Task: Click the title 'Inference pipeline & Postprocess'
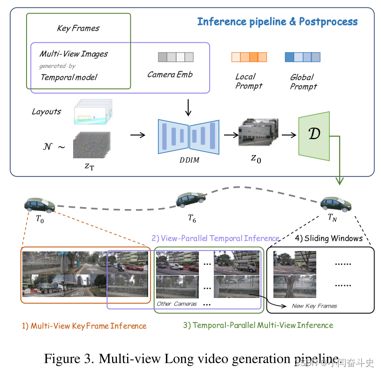tap(277, 21)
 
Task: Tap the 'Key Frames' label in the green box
tap(78, 28)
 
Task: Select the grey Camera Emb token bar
tap(176, 57)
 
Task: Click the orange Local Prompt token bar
tap(249, 57)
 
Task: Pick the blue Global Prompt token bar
tap(302, 57)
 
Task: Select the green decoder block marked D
tap(314, 135)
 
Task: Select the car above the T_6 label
tap(191, 200)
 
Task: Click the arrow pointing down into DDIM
tap(188, 107)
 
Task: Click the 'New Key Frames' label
tap(314, 306)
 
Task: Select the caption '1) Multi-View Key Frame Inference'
tap(84, 326)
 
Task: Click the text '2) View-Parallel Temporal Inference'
tap(215, 238)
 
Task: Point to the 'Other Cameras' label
tap(177, 304)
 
